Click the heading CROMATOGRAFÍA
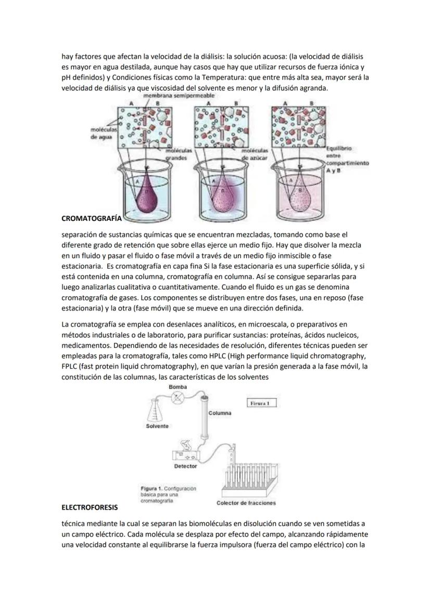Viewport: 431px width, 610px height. (x=92, y=218)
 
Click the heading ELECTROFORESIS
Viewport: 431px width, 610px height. (x=90, y=506)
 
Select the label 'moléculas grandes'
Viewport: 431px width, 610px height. (x=179, y=153)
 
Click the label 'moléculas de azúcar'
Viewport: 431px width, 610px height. (x=254, y=153)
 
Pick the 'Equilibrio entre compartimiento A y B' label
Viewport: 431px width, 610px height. (x=346, y=159)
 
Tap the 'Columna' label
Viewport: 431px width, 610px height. (x=220, y=413)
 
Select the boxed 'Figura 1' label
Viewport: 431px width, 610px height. (x=261, y=403)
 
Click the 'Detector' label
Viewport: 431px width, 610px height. (x=185, y=466)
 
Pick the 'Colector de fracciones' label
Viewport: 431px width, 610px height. (x=246, y=503)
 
